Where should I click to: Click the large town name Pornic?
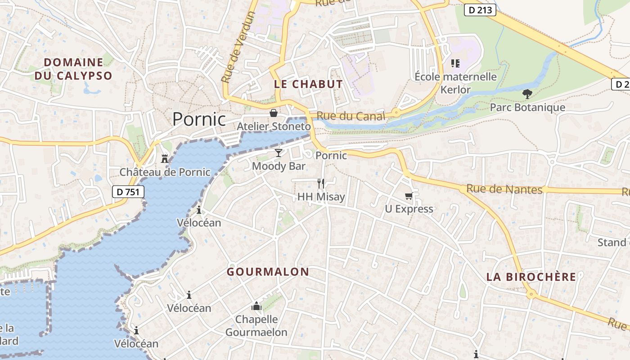(x=199, y=119)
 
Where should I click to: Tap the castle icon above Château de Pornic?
(x=165, y=158)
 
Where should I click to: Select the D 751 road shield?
(x=128, y=192)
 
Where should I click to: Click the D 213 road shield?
(x=480, y=10)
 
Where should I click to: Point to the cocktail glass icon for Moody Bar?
(x=279, y=153)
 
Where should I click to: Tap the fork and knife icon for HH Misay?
(x=321, y=183)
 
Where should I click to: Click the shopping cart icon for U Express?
(x=409, y=195)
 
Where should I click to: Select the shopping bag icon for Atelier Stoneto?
(x=273, y=112)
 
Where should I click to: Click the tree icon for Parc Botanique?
(x=527, y=94)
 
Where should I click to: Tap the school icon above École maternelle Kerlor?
(x=455, y=63)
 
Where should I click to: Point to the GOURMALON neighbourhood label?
(x=268, y=272)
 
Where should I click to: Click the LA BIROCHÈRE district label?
(x=531, y=277)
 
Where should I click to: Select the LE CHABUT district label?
(x=308, y=84)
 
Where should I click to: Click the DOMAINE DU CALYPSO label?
(x=73, y=69)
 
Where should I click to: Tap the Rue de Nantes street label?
(x=504, y=189)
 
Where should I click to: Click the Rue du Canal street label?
(x=351, y=116)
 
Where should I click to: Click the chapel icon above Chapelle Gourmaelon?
(x=256, y=306)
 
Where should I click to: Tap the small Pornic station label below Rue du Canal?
(x=331, y=156)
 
